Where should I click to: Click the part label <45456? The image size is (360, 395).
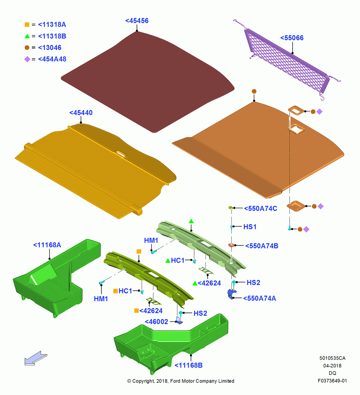click(137, 21)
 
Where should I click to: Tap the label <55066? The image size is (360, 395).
click(292, 38)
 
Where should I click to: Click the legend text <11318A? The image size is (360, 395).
click(52, 24)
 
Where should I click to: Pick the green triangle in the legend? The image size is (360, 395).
click(27, 36)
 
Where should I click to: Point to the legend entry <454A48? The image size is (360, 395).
click(52, 59)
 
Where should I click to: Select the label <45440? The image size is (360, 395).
click(81, 113)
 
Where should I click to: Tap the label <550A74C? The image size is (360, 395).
click(261, 209)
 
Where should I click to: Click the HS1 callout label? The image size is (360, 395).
click(250, 227)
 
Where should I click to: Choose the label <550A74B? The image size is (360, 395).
click(262, 246)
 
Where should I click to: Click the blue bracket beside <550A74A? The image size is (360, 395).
click(232, 293)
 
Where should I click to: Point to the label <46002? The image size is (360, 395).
click(156, 322)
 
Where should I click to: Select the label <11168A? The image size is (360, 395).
click(47, 245)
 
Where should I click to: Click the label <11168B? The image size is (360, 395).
click(189, 365)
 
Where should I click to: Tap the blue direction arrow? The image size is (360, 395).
click(36, 358)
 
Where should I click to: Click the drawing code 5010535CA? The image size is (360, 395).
click(332, 358)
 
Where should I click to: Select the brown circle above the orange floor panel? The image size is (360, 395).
click(254, 91)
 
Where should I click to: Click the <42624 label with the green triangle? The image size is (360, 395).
click(207, 283)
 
